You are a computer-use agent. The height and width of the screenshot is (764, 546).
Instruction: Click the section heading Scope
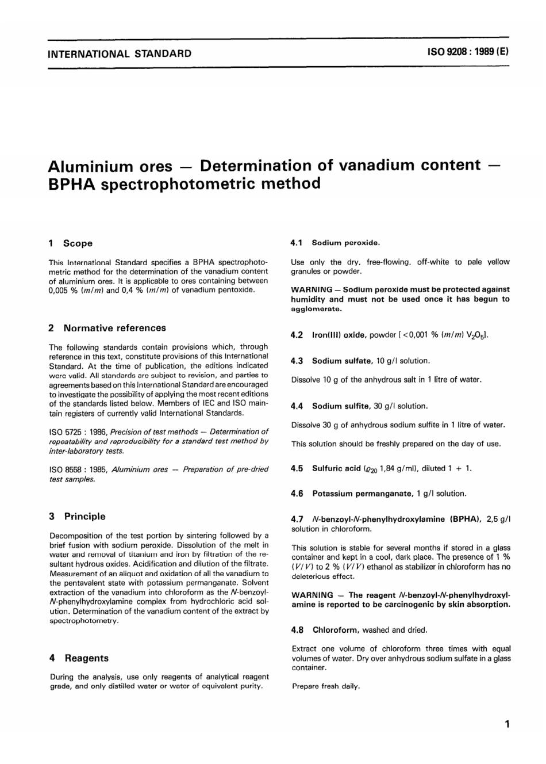point(78,243)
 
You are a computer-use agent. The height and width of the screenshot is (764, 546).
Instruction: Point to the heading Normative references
point(114,328)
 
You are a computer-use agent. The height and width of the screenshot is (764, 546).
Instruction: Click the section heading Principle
point(84,517)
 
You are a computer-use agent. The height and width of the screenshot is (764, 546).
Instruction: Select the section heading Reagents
point(86,658)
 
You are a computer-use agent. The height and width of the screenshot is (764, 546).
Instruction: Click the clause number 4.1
point(297,243)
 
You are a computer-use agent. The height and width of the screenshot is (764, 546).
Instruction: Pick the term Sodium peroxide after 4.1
point(345,243)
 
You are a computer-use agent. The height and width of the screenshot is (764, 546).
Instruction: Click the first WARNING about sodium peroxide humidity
point(312,289)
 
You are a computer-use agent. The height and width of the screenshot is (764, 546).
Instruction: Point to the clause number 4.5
point(297,468)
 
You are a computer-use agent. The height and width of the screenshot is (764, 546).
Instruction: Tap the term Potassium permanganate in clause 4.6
point(363,494)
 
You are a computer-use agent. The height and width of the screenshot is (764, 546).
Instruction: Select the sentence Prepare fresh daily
point(326,686)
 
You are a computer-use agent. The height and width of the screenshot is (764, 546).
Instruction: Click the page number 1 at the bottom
point(506,725)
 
